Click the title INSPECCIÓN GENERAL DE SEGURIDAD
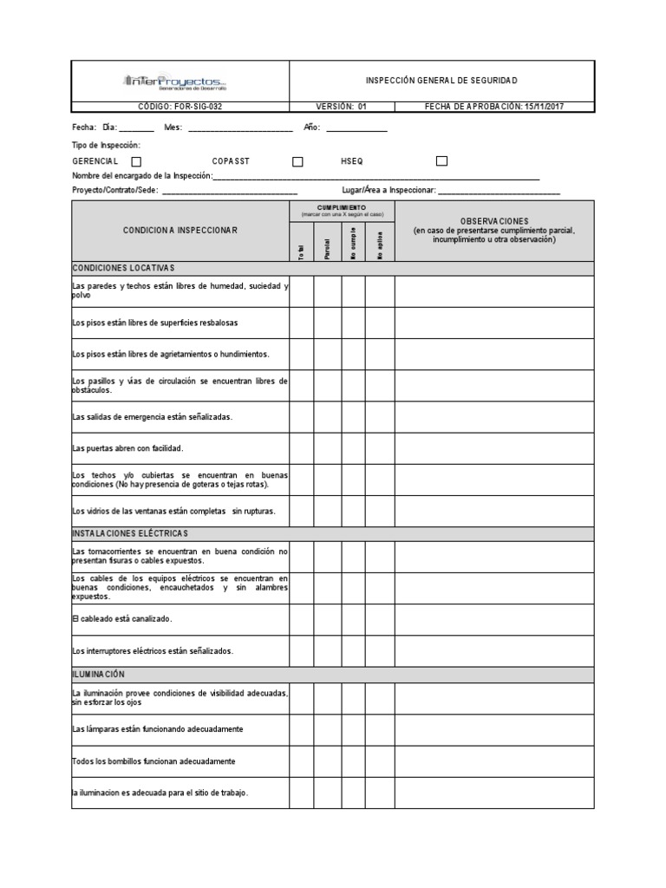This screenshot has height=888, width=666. coord(441,81)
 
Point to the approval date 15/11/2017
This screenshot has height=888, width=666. coord(495,107)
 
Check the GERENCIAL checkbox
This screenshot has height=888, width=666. coord(136,161)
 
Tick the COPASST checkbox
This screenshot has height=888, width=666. coord(297,161)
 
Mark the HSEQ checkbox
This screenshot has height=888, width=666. coord(441,160)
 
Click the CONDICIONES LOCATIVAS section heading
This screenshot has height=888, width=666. coord(124,268)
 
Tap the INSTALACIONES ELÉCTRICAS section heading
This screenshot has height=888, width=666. coord(130,532)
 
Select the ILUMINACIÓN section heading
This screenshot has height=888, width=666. coord(99,674)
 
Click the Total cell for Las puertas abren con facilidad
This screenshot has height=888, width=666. coord(301,448)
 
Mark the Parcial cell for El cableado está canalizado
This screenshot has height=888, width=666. coord(327,619)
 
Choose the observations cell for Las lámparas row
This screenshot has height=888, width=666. coord(494,729)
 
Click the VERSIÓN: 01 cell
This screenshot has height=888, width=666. coord(341,107)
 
